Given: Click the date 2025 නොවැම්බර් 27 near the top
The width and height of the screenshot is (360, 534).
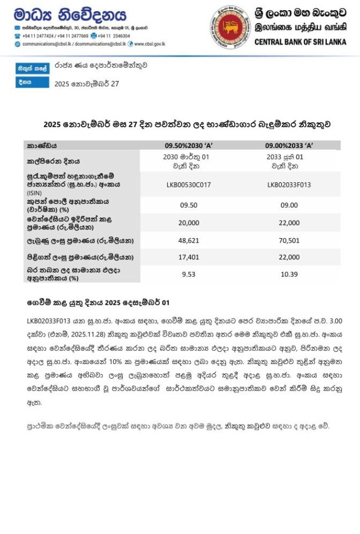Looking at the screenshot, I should (x=87, y=84).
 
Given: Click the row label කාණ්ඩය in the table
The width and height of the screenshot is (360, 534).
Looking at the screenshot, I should (x=42, y=145).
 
